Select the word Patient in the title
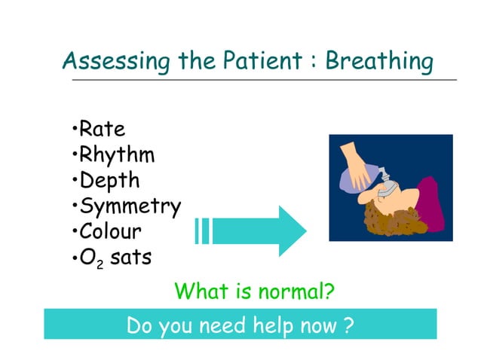[x=262, y=60]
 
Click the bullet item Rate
[x=101, y=129]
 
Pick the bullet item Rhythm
[x=116, y=155]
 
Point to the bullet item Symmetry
[x=130, y=206]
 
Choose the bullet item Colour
[x=110, y=231]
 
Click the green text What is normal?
[x=254, y=291]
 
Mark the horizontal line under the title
[x=264, y=79]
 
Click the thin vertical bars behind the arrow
[x=201, y=230]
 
